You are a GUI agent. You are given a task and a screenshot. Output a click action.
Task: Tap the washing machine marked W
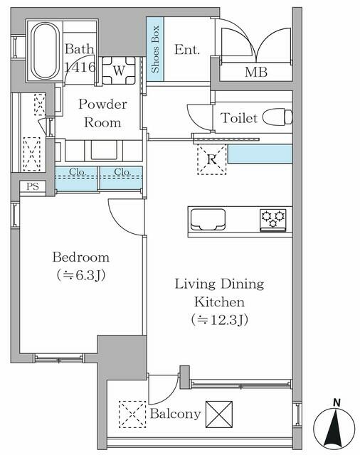coord(118,70)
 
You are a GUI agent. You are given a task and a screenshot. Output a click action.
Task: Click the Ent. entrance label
coord(186,50)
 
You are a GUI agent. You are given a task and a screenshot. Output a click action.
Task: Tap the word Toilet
coord(239,118)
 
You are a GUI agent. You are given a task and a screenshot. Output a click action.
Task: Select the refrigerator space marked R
coord(211,160)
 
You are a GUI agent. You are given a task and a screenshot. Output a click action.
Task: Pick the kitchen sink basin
coord(208,220)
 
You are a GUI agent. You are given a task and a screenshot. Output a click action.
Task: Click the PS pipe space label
coord(32,187)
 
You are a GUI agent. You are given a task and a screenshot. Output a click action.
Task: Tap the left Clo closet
coord(76,178)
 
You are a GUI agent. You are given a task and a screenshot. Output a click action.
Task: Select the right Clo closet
coord(120,178)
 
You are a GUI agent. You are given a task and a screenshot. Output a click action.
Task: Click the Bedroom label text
coord(80,257)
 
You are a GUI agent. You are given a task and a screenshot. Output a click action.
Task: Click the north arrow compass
coord(334,428)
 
